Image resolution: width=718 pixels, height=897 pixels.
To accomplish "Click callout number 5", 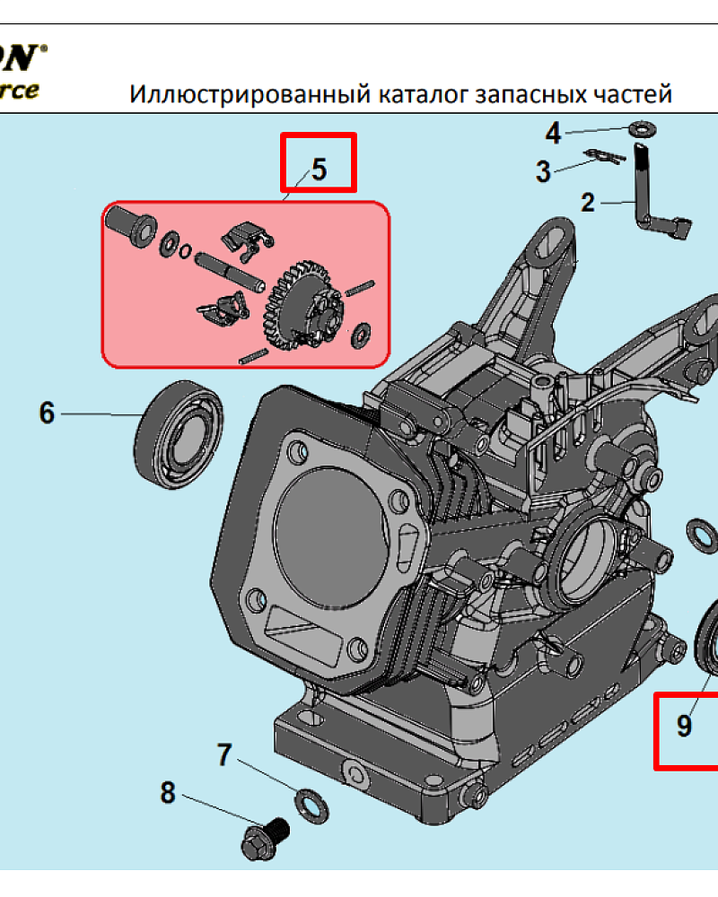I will pyautogui.click(x=320, y=168).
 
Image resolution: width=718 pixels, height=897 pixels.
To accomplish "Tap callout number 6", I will pyautogui.click(x=47, y=413).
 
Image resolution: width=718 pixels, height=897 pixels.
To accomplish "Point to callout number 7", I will pyautogui.click(x=224, y=755).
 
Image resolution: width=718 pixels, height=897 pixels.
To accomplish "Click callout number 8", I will pyautogui.click(x=168, y=793).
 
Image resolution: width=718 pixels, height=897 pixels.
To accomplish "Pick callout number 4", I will pyautogui.click(x=554, y=134).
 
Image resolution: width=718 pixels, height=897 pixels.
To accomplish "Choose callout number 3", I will pyautogui.click(x=543, y=170).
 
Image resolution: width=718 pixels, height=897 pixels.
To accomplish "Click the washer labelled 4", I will pyautogui.click(x=642, y=129).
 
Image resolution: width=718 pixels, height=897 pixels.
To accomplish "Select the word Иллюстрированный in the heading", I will pyautogui.click(x=216, y=95).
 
